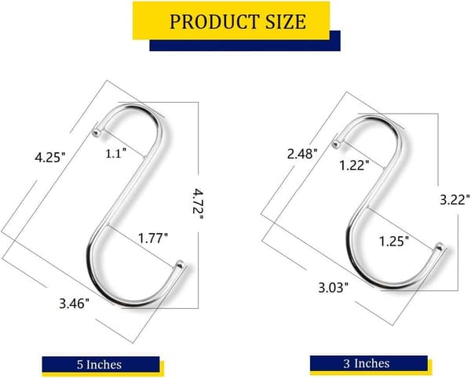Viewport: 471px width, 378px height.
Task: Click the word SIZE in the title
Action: tap(286, 22)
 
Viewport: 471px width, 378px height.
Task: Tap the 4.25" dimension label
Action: tap(50, 157)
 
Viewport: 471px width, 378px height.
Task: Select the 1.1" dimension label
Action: tap(115, 154)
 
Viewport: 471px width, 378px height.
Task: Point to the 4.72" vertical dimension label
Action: tap(198, 205)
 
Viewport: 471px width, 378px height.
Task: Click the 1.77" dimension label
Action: tap(152, 238)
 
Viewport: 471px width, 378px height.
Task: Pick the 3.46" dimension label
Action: tap(75, 304)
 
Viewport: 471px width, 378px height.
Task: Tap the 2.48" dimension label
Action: tap(302, 154)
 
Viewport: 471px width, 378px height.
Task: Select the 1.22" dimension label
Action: tap(354, 165)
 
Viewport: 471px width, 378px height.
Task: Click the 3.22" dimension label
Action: tap(455, 200)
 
